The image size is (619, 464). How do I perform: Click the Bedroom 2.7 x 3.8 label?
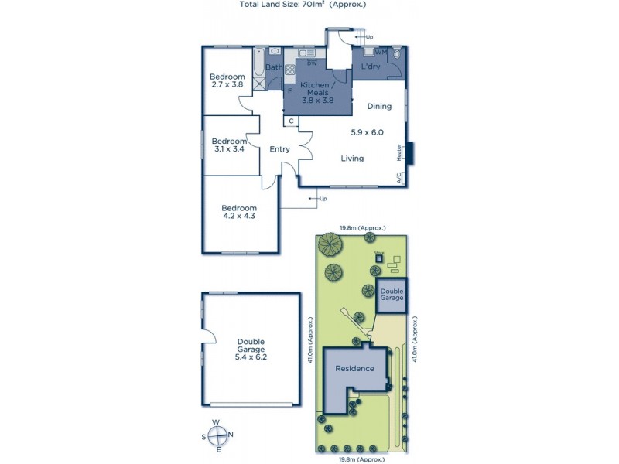(227, 80)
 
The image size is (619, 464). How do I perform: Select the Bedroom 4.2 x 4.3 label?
(238, 212)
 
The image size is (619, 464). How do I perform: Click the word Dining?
(379, 107)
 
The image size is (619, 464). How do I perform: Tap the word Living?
(352, 159)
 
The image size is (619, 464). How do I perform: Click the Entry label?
(279, 149)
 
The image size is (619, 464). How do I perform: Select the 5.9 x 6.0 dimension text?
(367, 132)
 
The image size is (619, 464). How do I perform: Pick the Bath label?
(274, 67)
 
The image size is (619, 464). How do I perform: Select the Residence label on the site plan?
(354, 369)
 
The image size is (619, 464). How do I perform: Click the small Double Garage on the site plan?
(392, 295)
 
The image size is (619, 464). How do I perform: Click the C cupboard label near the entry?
(291, 121)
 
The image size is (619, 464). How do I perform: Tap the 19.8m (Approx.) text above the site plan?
(363, 228)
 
